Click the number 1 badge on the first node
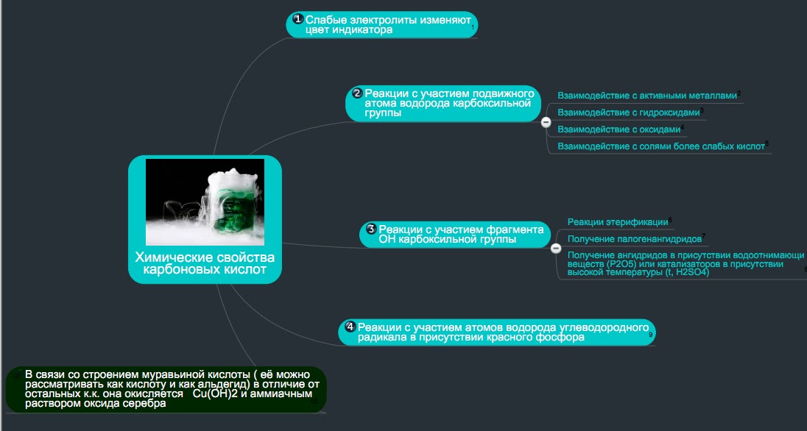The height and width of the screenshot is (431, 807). point(297,19)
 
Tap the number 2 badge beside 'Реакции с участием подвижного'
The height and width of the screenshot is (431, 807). point(357,93)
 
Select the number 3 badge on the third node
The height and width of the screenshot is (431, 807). point(371,229)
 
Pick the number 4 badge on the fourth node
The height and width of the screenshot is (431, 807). point(350,326)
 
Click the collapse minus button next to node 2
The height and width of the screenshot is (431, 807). point(546,123)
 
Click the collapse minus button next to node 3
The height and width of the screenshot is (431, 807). point(557,249)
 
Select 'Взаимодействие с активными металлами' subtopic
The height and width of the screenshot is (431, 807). point(647,96)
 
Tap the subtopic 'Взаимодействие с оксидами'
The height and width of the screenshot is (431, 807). point(619,129)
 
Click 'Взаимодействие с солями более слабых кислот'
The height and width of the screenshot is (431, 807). point(661,146)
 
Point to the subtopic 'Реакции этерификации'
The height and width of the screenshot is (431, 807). point(618,222)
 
